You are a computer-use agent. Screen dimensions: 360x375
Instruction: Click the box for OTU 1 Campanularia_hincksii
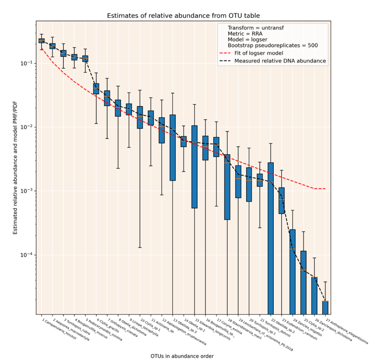tap(42, 40)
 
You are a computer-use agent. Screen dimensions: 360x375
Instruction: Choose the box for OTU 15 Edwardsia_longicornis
tap(194, 167)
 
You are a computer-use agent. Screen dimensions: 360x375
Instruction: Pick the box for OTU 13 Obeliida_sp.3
tap(173, 147)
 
